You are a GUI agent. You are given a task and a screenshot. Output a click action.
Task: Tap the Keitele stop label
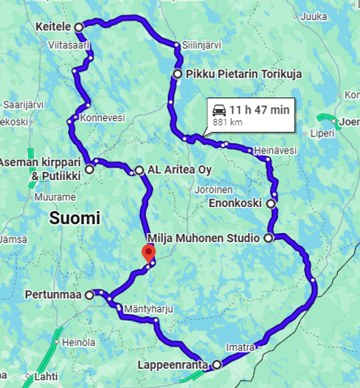[52, 27]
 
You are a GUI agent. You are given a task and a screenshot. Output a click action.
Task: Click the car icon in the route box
[218, 109]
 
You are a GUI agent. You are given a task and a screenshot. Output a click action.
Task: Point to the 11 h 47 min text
[260, 109]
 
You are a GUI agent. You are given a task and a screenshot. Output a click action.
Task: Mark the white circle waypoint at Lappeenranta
[217, 364]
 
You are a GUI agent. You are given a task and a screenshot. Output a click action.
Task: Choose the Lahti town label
[46, 376]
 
